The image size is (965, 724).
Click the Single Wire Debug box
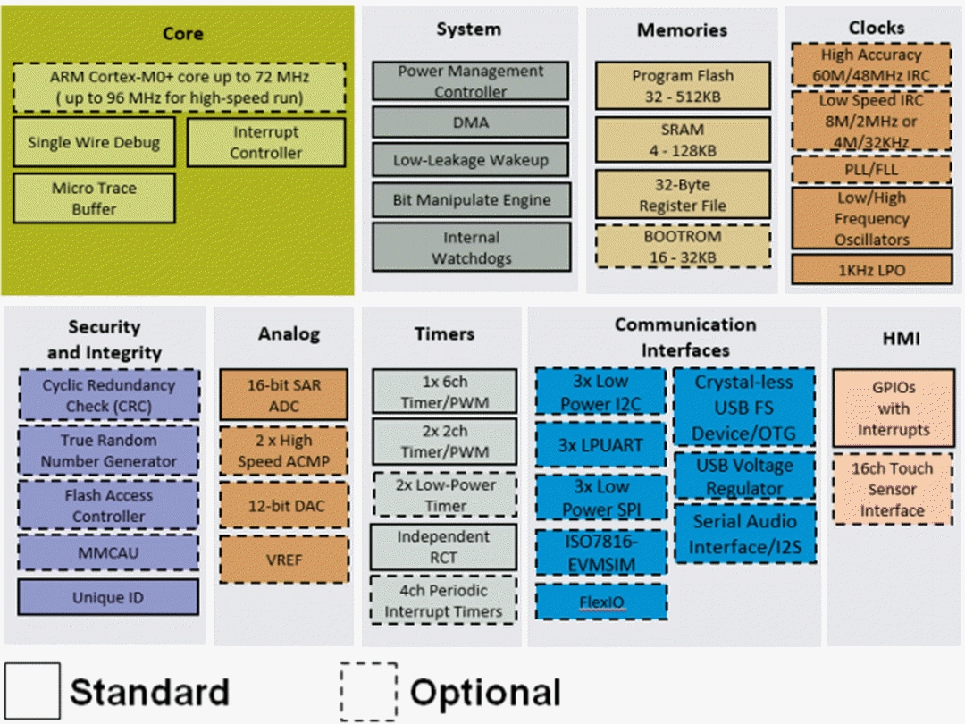tap(94, 142)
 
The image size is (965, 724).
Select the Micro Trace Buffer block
tap(94, 198)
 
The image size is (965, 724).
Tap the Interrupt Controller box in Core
tap(265, 142)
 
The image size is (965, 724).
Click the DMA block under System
tap(471, 122)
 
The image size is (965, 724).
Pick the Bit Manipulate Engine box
tap(471, 199)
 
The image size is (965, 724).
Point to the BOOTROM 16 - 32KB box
tap(682, 248)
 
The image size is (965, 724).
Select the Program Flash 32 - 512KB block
tap(682, 87)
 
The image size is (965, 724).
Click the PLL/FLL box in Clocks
tap(872, 169)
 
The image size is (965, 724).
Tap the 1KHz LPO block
tap(872, 269)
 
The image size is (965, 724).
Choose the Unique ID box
tap(108, 597)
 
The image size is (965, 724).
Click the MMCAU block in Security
tap(108, 552)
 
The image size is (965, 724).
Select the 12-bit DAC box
tap(284, 506)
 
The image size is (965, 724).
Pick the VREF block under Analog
tap(284, 560)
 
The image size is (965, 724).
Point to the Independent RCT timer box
tap(444, 547)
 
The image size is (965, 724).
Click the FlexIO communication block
tap(600, 602)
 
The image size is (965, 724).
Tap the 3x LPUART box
tap(600, 445)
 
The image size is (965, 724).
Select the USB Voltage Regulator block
tap(744, 476)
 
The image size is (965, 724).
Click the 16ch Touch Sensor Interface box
tap(892, 490)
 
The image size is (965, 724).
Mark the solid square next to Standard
tap(32, 691)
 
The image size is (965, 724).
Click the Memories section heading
tap(682, 29)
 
